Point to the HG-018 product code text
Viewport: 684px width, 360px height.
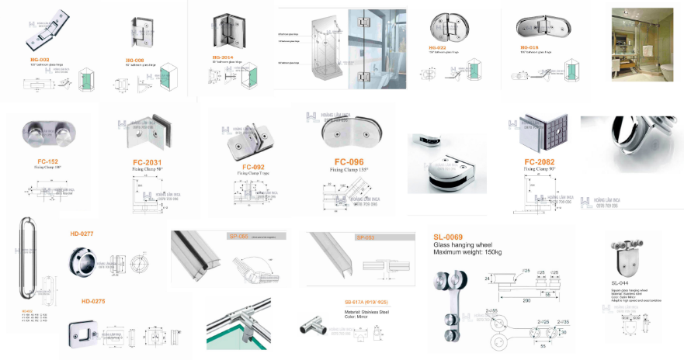[529, 47]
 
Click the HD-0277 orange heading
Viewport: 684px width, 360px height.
[82, 233]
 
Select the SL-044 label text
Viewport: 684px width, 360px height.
[620, 282]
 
